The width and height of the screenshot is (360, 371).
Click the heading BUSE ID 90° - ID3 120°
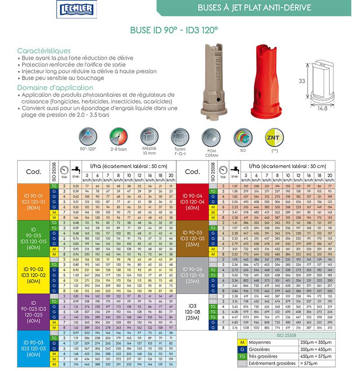click(174, 31)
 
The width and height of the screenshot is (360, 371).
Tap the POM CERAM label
click(211, 153)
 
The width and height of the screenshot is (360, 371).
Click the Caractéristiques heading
click(44, 51)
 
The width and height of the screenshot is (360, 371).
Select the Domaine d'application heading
click(55, 88)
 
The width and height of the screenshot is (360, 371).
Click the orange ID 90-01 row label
click(32, 201)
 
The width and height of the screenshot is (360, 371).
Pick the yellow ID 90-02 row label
click(32, 275)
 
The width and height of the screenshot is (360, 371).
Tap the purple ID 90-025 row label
click(32, 312)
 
